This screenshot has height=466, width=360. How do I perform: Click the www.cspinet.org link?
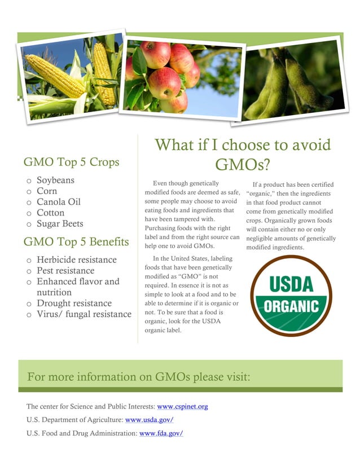point(182,406)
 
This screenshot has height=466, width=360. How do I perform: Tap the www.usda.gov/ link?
point(149,420)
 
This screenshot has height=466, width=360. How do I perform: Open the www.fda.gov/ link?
point(161,433)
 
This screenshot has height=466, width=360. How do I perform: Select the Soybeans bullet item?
point(55,181)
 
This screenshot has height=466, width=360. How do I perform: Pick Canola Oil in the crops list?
point(59,202)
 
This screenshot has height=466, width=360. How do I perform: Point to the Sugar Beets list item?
point(60,223)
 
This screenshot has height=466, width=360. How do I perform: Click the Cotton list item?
point(51,213)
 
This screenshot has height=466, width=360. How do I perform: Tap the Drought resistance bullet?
point(74,304)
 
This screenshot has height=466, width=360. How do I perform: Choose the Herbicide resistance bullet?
point(77,260)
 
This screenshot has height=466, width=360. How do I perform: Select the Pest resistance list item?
point(65,271)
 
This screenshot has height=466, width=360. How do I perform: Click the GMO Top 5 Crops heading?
point(71,162)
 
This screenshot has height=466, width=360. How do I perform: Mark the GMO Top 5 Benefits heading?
point(76,243)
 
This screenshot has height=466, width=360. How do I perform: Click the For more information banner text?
point(138,377)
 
